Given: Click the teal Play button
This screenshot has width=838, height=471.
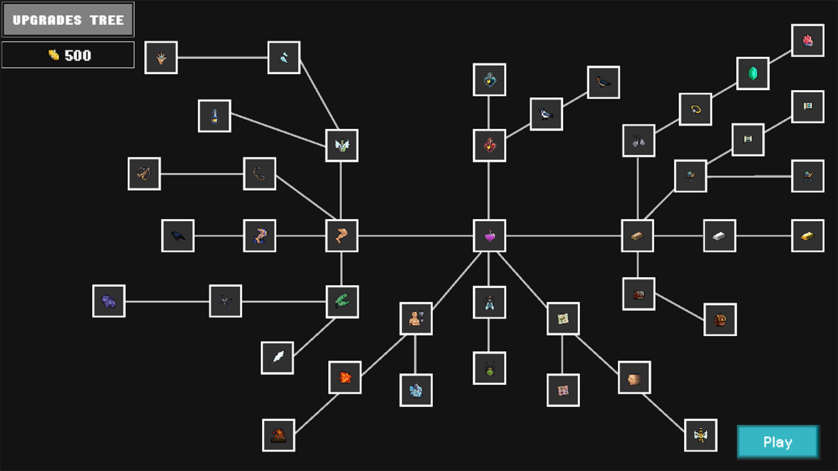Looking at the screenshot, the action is click(x=778, y=442).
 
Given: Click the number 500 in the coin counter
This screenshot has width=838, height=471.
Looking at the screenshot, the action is click(x=78, y=55).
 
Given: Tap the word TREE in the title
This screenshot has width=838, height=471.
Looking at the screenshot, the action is click(x=107, y=20).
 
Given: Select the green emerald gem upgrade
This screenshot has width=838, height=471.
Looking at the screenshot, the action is click(x=752, y=73).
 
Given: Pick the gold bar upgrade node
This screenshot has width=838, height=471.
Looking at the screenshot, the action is click(x=807, y=236).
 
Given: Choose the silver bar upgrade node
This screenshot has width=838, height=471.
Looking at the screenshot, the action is click(x=719, y=236).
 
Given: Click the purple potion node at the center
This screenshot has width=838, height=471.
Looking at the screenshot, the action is click(x=489, y=236).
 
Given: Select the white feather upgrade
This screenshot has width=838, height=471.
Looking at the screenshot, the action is click(x=277, y=358).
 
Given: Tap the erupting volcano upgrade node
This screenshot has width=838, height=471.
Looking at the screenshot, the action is click(x=278, y=435).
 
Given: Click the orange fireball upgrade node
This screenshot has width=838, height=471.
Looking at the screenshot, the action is click(x=345, y=377).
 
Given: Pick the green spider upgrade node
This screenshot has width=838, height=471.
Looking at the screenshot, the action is click(x=489, y=368).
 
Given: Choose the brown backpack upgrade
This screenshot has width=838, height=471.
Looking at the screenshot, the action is click(x=720, y=320).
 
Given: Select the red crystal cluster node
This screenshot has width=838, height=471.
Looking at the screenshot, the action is click(x=807, y=41).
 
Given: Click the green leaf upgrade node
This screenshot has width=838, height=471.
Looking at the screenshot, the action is click(x=342, y=302).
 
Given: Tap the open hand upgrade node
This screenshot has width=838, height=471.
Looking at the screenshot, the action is click(x=161, y=58).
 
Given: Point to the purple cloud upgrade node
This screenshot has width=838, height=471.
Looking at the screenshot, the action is click(x=109, y=301).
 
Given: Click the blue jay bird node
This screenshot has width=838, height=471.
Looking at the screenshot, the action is click(x=546, y=114).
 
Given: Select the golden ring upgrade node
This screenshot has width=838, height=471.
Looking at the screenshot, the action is click(x=695, y=109).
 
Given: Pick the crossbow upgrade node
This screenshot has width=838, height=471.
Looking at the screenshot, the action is click(x=144, y=174).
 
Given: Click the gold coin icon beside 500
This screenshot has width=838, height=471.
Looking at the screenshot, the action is click(x=54, y=55).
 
